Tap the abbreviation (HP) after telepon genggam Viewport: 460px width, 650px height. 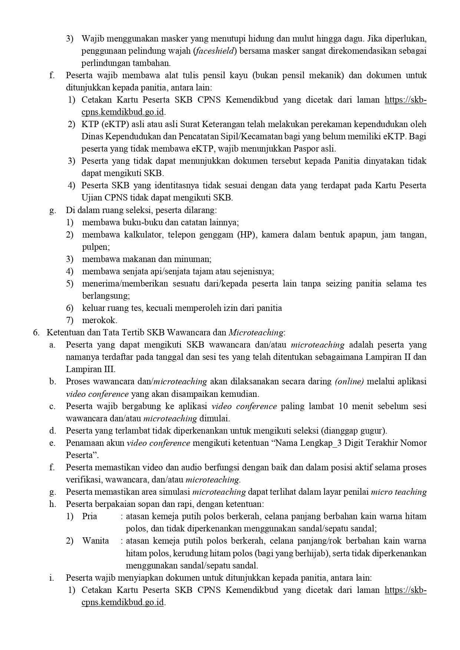pyautogui.click(x=246, y=235)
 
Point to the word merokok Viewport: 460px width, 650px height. pyautogui.click(x=99, y=320)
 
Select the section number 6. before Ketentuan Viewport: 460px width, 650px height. pyautogui.click(x=36, y=332)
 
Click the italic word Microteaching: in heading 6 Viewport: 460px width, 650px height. pyautogui.click(x=257, y=332)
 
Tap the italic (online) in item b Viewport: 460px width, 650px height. pyautogui.click(x=349, y=381)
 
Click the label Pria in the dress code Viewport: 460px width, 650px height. pyautogui.click(x=89, y=516)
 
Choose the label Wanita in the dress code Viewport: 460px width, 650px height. pyautogui.click(x=95, y=541)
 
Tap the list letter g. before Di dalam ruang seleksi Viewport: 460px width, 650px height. pyautogui.click(x=52, y=210)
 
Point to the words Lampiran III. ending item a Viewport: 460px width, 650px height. pyautogui.click(x=90, y=369)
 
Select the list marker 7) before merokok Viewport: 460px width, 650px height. pyautogui.click(x=70, y=320)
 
